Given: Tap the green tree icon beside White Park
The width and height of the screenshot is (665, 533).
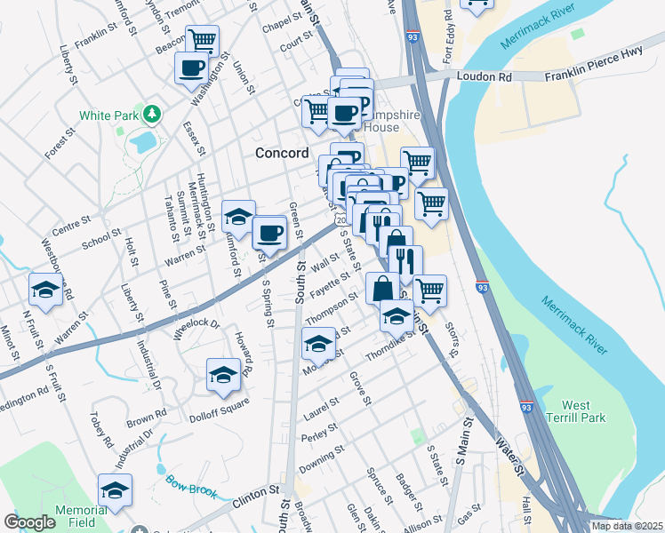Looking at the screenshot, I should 152,114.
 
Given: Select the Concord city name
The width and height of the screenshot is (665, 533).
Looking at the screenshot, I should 281,153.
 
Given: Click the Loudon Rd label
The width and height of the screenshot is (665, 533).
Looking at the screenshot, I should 485,77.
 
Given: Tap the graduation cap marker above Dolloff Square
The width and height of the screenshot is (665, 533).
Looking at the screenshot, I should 224,374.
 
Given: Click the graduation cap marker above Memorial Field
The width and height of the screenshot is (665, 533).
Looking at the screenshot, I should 115,489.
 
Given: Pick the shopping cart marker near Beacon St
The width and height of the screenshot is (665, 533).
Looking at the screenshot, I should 203,40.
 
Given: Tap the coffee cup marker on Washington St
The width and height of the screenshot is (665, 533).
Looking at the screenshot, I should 191,68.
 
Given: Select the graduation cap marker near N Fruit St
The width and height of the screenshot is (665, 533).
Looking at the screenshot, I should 45,289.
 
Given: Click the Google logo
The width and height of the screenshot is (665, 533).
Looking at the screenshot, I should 30,522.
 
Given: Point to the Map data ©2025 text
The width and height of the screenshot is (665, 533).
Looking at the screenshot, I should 626,526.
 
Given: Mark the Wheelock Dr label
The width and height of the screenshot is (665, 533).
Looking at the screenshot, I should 196,329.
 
